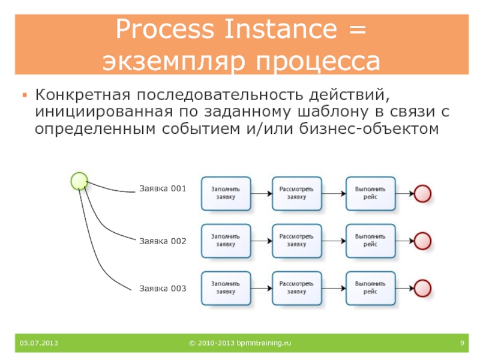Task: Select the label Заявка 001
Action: (x=163, y=188)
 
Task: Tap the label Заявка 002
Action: (x=163, y=241)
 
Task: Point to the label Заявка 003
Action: (x=163, y=288)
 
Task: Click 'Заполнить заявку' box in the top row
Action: (x=226, y=193)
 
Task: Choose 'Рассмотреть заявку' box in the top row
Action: (x=296, y=193)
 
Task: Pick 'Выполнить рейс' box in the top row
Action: (x=370, y=193)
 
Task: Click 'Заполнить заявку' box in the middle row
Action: (x=226, y=241)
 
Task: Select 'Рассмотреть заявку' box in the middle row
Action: (x=296, y=241)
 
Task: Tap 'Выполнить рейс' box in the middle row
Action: (x=370, y=241)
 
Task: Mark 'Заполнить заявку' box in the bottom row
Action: (x=226, y=288)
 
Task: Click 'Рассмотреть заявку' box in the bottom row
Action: (x=296, y=288)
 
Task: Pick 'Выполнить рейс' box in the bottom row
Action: (x=370, y=288)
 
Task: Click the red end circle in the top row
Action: (x=423, y=193)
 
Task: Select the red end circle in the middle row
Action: (x=423, y=241)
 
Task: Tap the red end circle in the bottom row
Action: (x=423, y=288)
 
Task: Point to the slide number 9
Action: (x=463, y=343)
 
